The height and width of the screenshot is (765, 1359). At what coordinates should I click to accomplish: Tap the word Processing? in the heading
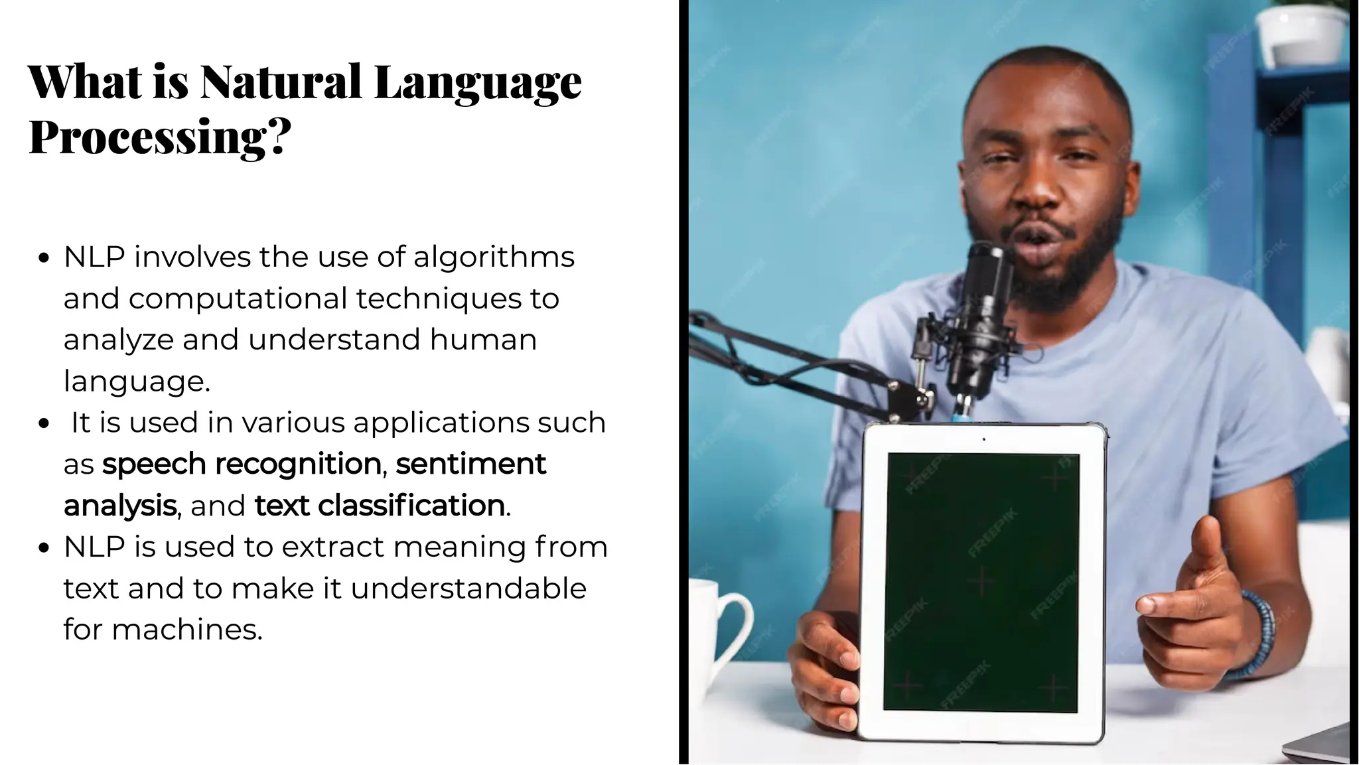tap(160, 137)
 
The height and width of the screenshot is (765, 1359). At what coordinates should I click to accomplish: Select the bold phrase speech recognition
tap(242, 464)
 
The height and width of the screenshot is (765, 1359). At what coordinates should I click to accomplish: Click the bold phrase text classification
tap(380, 506)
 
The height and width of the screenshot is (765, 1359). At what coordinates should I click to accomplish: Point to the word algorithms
tap(494, 257)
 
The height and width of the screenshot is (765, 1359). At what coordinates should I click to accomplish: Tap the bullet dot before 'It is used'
tap(44, 424)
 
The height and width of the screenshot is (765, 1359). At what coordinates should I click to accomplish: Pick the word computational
tap(238, 299)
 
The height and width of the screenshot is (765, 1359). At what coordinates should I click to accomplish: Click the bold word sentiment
tap(470, 464)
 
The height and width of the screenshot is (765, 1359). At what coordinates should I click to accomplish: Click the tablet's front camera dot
tap(983, 439)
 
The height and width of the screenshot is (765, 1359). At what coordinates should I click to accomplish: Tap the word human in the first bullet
tap(482, 340)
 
